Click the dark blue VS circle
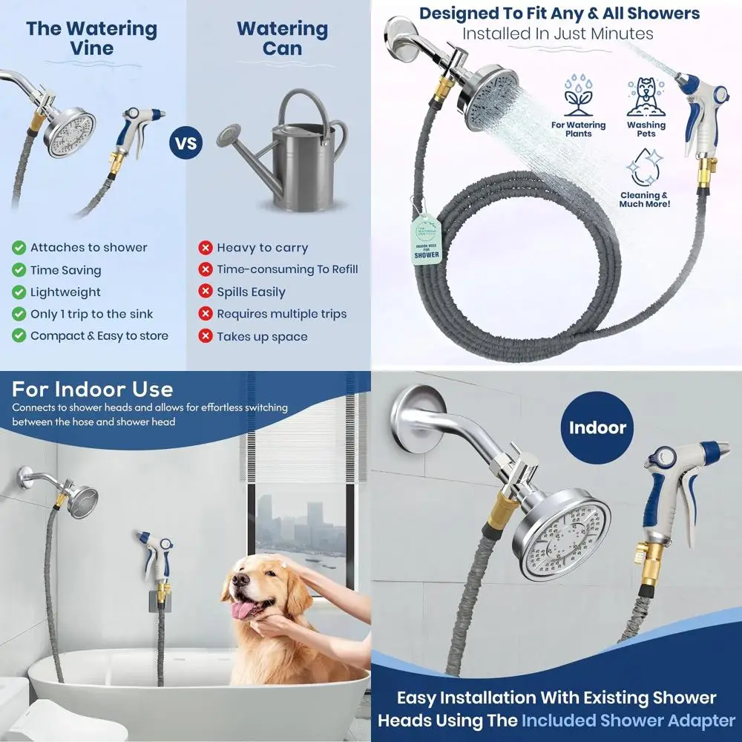[188, 142]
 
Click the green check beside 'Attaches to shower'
[19, 248]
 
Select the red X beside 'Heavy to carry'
[206, 248]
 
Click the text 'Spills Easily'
[251, 292]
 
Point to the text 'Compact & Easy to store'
[99, 336]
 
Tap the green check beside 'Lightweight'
[19, 292]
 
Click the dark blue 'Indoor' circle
[597, 428]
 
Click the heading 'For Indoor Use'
[93, 390]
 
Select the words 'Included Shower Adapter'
[628, 720]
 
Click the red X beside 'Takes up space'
[206, 336]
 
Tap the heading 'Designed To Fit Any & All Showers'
[559, 13]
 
